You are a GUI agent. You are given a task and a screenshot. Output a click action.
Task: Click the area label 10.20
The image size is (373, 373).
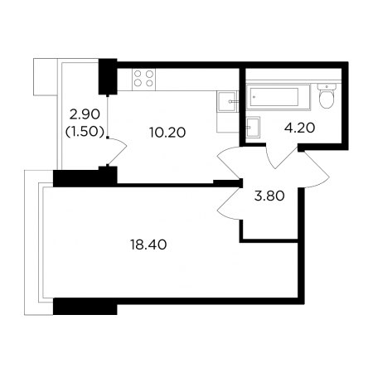pos(167,133)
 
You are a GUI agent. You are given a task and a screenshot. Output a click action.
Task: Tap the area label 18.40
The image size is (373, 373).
pos(148,245)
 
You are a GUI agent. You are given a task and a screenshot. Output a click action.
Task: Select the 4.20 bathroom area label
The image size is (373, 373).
pos(300,128)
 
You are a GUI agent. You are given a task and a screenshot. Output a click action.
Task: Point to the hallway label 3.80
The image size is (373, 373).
pos(269,196)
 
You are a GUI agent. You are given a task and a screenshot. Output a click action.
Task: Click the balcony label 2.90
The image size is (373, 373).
pos(85,114)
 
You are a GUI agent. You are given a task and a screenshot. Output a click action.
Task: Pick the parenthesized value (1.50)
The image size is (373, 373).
pos(85,132)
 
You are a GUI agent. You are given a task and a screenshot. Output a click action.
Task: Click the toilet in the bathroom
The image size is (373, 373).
pos(327,96)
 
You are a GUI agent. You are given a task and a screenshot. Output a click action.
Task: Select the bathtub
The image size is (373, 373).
pos(278,97)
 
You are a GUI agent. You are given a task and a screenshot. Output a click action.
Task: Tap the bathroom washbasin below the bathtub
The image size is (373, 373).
pos(253,127)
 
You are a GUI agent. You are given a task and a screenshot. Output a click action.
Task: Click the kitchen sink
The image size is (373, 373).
pos(227,101)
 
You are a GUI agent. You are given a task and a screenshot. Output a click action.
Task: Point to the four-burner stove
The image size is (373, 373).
pos(143,79)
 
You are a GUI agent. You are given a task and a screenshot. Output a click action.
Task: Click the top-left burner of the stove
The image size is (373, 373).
pos(138,74)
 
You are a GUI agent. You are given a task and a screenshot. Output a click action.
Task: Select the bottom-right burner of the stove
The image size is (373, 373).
pos(149,83)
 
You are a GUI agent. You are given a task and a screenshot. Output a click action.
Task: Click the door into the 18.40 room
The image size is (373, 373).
pos(225,206)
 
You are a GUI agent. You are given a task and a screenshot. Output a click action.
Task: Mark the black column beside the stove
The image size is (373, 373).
pos(108,76)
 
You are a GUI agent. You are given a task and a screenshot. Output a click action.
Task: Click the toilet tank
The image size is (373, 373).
pos(327,86)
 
